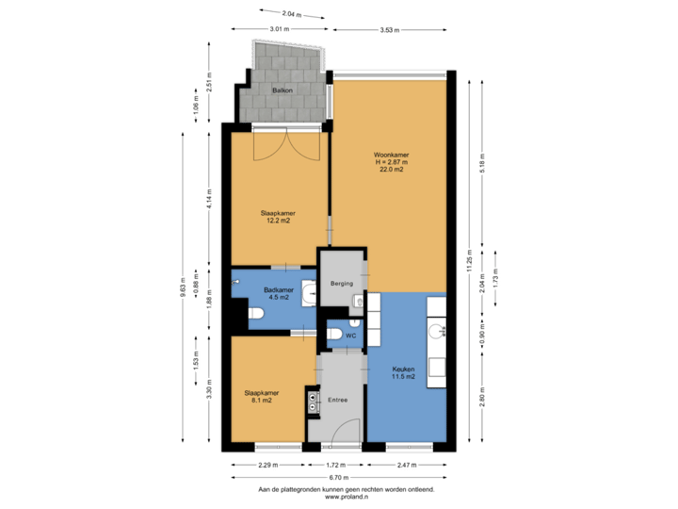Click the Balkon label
coord(282,90)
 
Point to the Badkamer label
coord(279,289)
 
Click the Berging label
coord(341,283)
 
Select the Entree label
coord(338,400)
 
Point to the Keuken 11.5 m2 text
coord(403,377)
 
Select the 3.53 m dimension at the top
coord(390,30)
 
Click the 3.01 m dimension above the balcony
coord(279,30)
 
